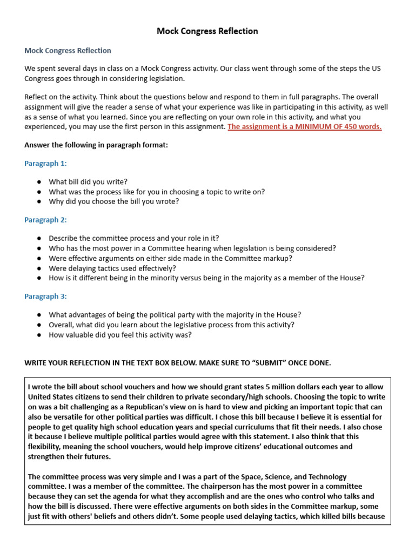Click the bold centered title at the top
point(207,31)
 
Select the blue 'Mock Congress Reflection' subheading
point(68,50)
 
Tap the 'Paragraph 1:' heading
point(46,163)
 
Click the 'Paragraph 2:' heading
point(46,220)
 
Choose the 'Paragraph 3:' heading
point(46,296)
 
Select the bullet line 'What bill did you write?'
point(88,182)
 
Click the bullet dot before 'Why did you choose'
point(39,201)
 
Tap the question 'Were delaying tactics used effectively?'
point(112,268)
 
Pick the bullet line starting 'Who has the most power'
point(192,248)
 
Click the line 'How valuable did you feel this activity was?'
point(120,334)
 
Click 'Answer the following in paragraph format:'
point(96,145)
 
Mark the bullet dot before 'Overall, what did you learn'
point(39,325)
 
